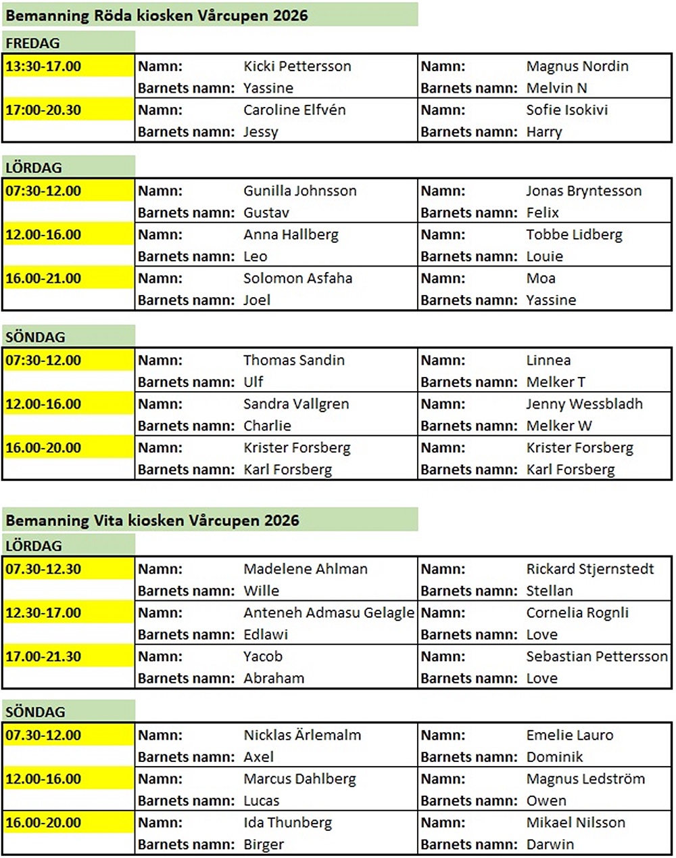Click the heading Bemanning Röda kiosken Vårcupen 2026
coord(157,15)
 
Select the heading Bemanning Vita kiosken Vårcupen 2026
coord(152,520)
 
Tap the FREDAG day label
coord(32,43)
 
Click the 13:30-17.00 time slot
coord(43,66)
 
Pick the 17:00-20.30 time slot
coord(43,110)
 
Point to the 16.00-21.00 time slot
coord(43,278)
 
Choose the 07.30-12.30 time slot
coord(43,569)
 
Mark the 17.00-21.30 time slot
coord(43,656)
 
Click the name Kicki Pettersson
coord(297,66)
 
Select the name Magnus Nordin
coord(577,66)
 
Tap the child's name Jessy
coord(261,131)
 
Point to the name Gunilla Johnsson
coord(300,191)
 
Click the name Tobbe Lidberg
coord(575,235)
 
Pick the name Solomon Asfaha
coord(298,278)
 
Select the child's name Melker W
coord(559,426)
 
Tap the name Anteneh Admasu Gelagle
coord(329,613)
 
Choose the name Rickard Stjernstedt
coord(590,569)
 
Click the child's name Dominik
coord(554,757)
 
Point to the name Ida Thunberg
coord(288,823)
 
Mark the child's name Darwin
coord(550,844)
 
